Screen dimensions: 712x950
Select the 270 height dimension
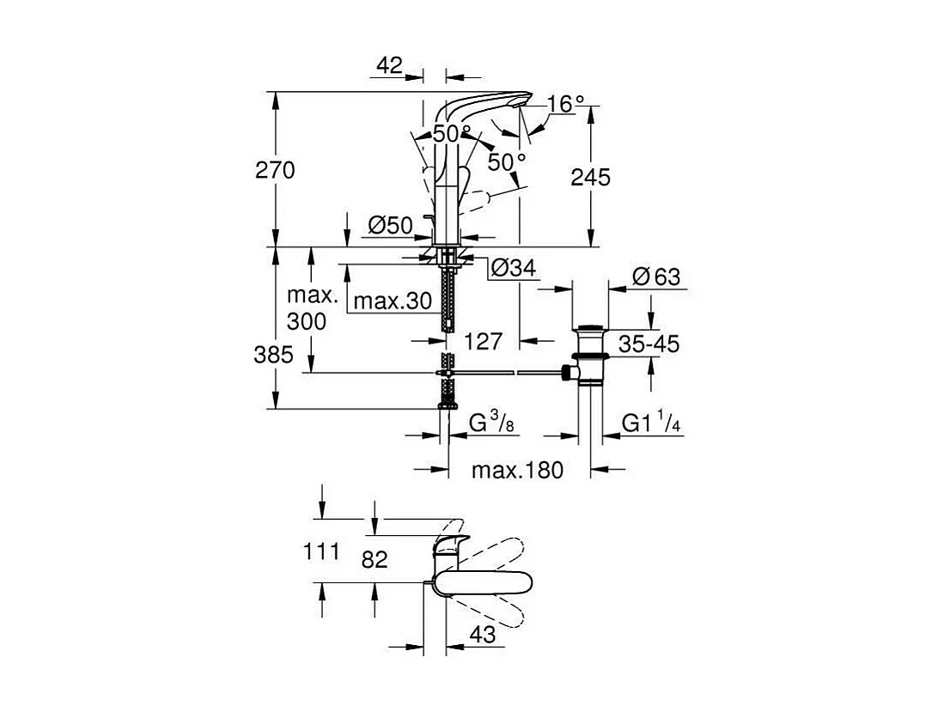tap(275, 170)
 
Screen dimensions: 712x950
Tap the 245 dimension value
tap(590, 177)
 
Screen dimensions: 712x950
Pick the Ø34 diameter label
tap(513, 269)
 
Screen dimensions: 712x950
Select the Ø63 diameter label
tap(655, 277)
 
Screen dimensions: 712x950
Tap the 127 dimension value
tap(483, 342)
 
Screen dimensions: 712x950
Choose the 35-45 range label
tap(650, 344)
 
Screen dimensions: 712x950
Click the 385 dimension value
tap(275, 354)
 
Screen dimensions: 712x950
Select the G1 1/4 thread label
tap(653, 423)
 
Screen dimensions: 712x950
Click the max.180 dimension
tap(518, 470)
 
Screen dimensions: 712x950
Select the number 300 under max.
tap(307, 322)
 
